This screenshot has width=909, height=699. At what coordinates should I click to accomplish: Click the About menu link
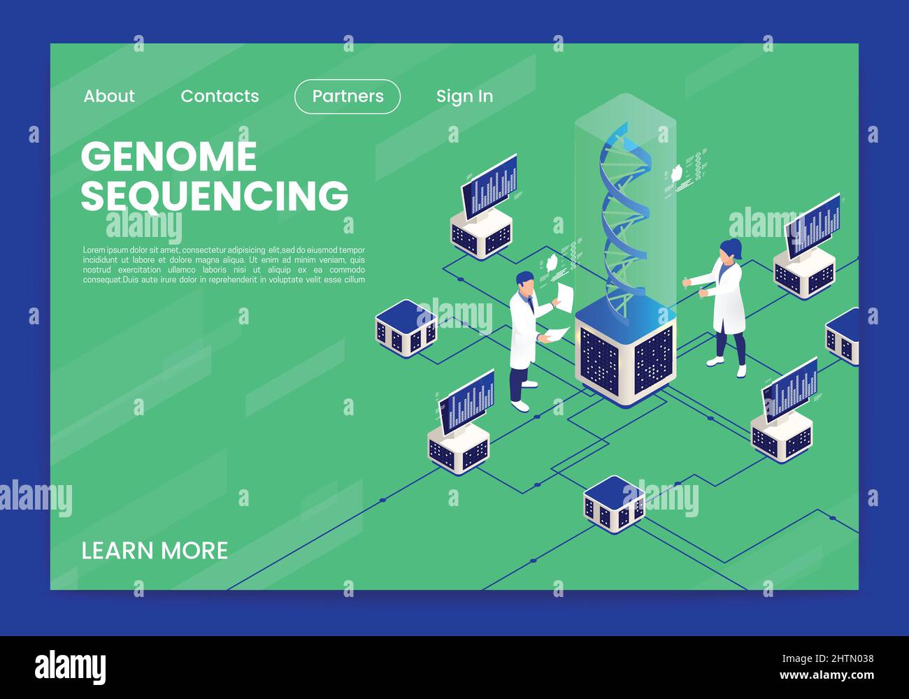109,96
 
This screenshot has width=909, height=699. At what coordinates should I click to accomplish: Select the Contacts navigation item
220,96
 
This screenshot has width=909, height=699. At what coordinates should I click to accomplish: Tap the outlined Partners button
348,96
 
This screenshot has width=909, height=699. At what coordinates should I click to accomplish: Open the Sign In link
464,96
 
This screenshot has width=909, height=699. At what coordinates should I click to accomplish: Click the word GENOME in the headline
169,157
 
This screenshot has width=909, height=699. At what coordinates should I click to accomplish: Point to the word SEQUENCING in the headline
214,195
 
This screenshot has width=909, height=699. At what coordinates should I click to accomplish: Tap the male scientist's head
525,284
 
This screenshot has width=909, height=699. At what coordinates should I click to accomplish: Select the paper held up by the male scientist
564,296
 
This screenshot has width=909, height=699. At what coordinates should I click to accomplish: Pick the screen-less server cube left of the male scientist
406,328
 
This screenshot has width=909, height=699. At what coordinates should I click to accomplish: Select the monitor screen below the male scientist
467,399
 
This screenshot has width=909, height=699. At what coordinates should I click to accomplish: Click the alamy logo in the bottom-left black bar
71,668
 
